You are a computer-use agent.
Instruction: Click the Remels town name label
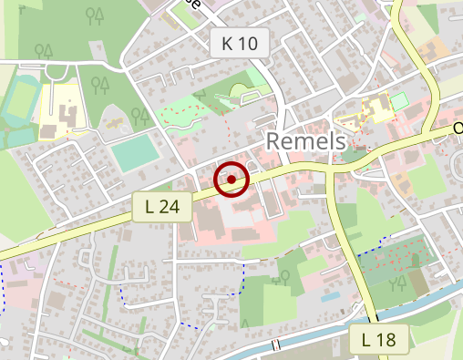click(x=306, y=141)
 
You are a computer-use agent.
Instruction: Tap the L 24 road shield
click(x=162, y=207)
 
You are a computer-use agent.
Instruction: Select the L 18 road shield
click(x=378, y=340)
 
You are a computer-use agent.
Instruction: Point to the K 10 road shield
click(x=239, y=42)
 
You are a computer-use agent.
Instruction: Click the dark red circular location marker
click(x=231, y=180)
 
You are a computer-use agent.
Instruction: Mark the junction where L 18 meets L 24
click(x=332, y=169)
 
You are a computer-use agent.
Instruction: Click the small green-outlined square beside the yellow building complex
click(x=398, y=101)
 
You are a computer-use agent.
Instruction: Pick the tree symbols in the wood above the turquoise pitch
click(x=139, y=115)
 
